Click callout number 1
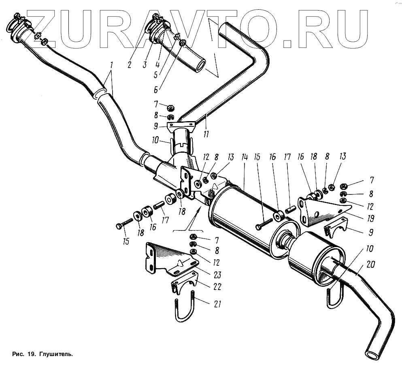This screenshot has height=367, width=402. (111, 65)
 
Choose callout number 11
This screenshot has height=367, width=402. (206, 134)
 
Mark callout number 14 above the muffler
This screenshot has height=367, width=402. (244, 158)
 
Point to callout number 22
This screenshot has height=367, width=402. (218, 287)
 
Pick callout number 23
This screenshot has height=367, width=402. (217, 275)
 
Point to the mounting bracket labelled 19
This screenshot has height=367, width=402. (320, 211)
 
